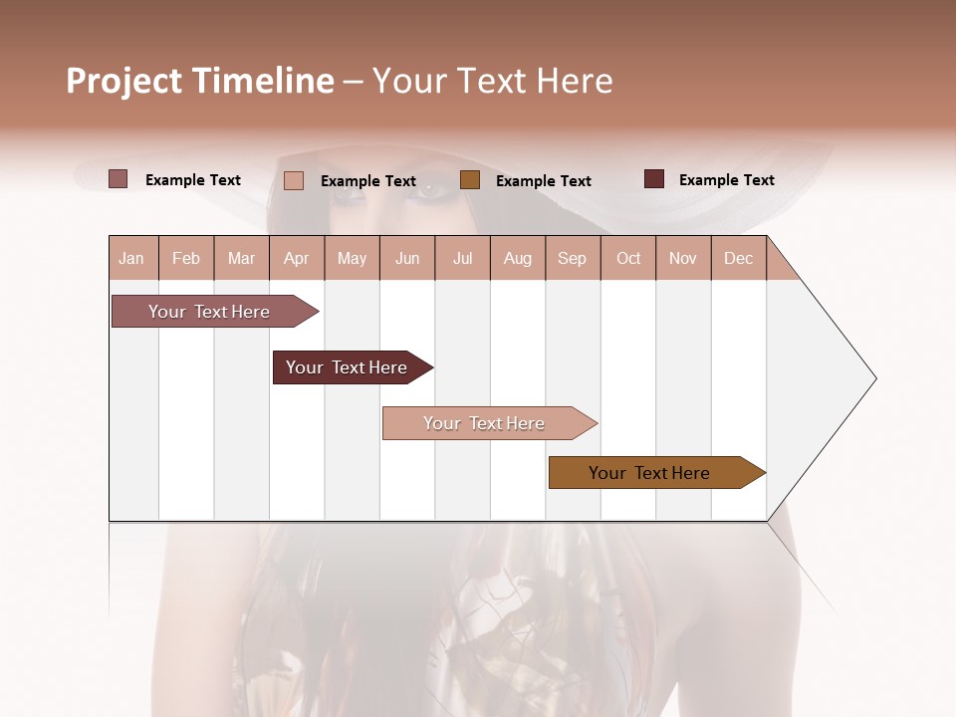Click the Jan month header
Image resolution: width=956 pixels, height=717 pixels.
(131, 259)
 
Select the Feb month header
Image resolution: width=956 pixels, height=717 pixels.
(186, 259)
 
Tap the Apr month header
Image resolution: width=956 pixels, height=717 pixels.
(297, 259)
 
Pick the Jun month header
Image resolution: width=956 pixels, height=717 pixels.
(407, 259)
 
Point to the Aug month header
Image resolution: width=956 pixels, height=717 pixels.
(518, 259)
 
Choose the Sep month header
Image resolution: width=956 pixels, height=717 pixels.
(572, 259)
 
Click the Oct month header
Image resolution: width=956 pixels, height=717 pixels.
(628, 259)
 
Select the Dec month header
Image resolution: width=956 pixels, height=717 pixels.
(738, 259)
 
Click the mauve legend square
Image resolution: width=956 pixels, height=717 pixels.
(118, 179)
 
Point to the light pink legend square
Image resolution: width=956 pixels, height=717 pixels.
(294, 180)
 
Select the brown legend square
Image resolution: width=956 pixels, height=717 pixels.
(470, 180)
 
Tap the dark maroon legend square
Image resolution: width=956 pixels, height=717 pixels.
(654, 179)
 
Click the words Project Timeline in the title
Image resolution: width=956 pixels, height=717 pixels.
(200, 81)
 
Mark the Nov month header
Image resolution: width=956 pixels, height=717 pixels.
(683, 259)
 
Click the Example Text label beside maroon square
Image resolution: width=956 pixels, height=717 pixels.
(726, 180)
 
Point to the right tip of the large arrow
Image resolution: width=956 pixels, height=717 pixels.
(873, 378)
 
